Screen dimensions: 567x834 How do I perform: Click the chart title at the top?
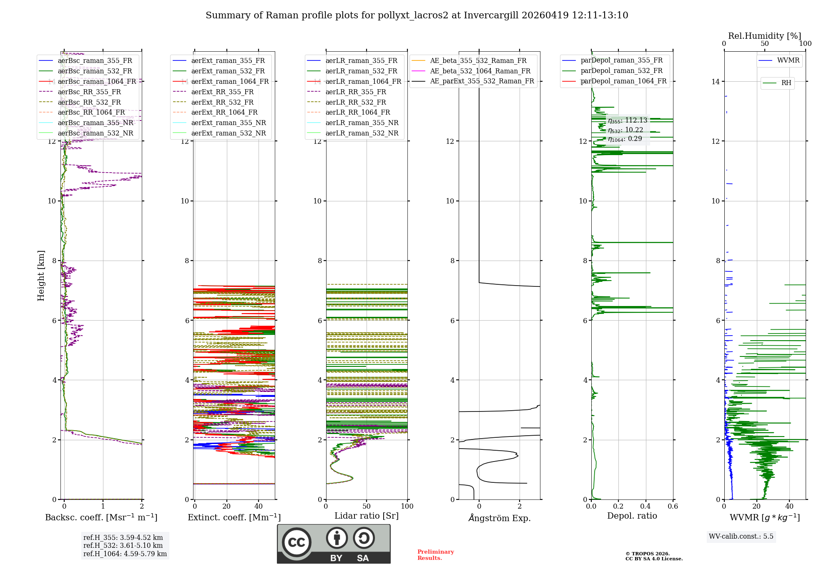click(x=417, y=15)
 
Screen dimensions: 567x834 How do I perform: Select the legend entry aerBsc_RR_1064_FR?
click(x=91, y=113)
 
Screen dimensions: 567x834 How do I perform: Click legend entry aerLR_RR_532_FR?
click(x=356, y=102)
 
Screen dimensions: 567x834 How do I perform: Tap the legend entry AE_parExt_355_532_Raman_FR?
click(x=482, y=81)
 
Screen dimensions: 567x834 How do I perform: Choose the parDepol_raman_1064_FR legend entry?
click(x=623, y=81)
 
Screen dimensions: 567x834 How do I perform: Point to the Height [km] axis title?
click(x=41, y=275)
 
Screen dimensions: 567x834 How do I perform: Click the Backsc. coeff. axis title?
click(x=101, y=517)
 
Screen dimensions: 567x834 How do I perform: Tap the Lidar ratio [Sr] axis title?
click(x=366, y=516)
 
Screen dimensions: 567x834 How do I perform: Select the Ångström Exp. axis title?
click(x=499, y=518)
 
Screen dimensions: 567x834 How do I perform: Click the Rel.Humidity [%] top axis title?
click(x=764, y=36)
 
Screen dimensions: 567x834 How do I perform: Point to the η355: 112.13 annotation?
click(x=627, y=120)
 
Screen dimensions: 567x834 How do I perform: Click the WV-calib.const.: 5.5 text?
click(x=741, y=537)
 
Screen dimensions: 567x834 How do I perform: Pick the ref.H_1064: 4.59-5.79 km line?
click(x=125, y=554)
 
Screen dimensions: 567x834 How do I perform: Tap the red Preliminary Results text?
click(x=435, y=555)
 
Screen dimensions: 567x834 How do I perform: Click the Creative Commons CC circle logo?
click(x=296, y=542)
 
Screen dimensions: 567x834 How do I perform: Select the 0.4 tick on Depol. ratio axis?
click(x=646, y=507)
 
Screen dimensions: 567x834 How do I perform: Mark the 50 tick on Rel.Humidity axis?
click(x=765, y=44)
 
